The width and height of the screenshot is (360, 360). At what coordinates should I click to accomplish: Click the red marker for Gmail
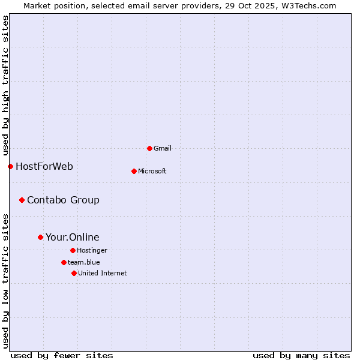point(149,148)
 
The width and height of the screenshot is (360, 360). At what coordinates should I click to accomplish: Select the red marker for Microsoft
point(134,171)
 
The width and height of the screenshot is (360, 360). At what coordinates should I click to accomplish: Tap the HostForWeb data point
point(10,166)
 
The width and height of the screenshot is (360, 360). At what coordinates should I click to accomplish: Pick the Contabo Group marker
point(22,200)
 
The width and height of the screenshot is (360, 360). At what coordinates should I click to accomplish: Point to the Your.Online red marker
point(40,237)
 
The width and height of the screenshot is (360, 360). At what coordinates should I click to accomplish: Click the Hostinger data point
point(73,250)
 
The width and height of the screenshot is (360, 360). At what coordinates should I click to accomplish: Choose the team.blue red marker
point(64,262)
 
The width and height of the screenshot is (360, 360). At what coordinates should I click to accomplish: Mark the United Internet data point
point(74,273)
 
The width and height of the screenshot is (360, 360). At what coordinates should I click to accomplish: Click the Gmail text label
point(163,148)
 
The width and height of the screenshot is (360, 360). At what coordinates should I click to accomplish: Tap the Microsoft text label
point(152,171)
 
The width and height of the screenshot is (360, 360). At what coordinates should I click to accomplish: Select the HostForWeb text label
point(44,166)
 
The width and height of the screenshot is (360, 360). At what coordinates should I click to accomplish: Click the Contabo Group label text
point(63,200)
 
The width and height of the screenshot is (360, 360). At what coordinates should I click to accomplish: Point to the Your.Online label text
point(73,237)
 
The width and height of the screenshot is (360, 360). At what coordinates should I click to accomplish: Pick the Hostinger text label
point(92,250)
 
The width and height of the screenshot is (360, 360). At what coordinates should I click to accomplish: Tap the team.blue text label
point(84,262)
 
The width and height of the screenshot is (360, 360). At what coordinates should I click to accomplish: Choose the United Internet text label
point(103,273)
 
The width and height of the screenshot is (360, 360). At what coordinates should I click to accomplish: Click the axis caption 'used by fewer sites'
point(62,355)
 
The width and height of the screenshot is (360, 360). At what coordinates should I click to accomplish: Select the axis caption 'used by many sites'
point(301,355)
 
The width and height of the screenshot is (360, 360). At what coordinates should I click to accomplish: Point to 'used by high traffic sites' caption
point(5,86)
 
